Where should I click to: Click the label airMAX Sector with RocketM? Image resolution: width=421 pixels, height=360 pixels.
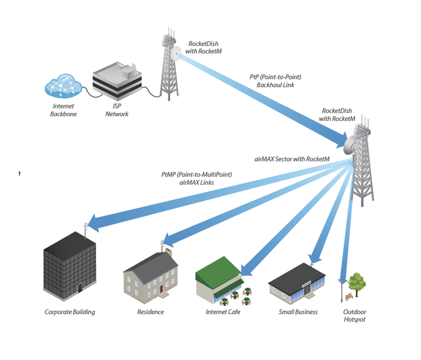tap(292, 158)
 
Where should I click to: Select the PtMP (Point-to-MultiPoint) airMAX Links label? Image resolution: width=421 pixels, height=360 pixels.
tap(196, 178)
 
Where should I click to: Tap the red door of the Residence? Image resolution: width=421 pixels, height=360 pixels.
tap(161, 288)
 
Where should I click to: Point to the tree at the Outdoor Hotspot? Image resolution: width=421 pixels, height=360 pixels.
tap(357, 282)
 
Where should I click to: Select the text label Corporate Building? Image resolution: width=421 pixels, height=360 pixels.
tap(70, 312)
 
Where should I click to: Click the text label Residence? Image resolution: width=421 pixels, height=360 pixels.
tap(150, 312)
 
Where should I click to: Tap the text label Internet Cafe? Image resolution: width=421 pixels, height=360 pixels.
tap(223, 312)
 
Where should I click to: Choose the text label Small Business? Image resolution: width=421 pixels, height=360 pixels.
tap(298, 312)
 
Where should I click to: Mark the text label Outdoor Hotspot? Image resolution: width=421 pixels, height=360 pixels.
tap(355, 316)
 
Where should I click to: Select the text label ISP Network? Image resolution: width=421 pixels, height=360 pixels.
tap(117, 110)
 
